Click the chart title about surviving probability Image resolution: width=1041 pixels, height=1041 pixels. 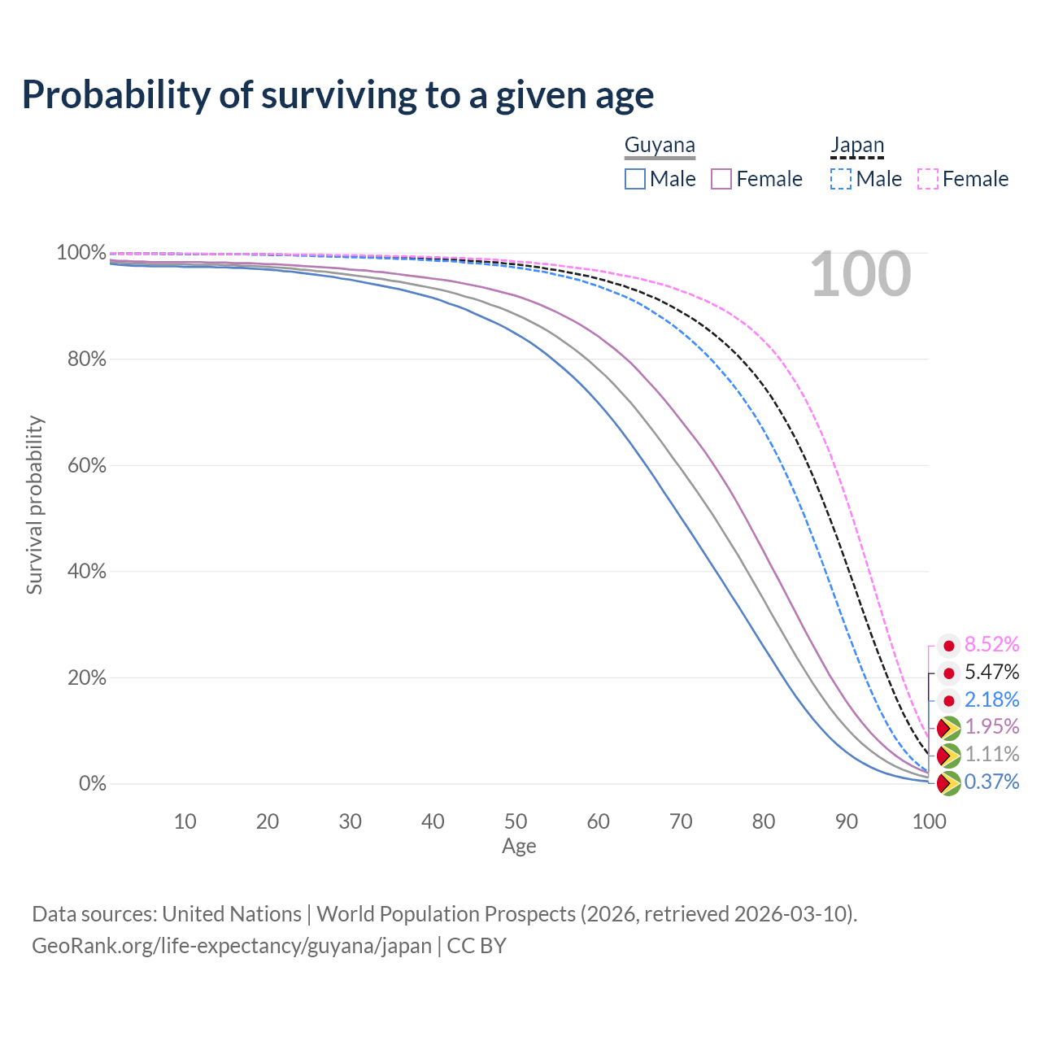point(338,95)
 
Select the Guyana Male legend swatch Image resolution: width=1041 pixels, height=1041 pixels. point(635,179)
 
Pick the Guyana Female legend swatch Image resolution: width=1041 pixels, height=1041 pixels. point(721,179)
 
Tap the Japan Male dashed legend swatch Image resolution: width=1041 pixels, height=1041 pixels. point(841,179)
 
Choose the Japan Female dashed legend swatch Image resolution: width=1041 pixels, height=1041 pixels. point(928,179)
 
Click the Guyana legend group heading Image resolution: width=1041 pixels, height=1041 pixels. point(660,146)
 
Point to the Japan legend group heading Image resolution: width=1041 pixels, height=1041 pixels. point(857,146)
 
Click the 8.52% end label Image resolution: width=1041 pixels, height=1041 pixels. point(991,645)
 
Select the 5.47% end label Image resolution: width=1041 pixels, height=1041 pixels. point(991,673)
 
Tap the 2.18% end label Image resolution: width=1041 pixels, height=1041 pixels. point(991,699)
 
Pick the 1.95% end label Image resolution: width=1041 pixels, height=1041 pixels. point(991,726)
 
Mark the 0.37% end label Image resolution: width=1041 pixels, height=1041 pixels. point(991,782)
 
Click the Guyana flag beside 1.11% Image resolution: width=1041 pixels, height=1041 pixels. point(948,756)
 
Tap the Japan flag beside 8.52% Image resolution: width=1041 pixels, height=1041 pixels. point(948,646)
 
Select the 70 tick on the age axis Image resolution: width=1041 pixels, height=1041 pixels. point(681,821)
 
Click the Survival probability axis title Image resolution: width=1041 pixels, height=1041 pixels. point(34,505)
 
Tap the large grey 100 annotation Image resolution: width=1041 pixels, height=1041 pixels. point(860,275)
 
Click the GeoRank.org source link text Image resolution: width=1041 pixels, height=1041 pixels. point(232,946)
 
